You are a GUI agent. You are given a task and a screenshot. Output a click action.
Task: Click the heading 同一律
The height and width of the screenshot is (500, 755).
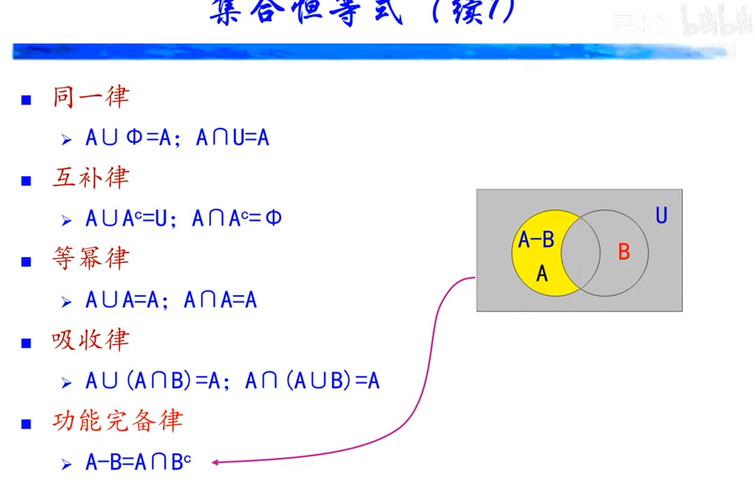coord(91,97)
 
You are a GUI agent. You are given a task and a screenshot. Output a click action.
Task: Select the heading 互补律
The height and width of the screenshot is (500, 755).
coord(91,179)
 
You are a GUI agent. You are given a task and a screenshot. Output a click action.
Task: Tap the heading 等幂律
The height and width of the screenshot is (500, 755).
coord(91,259)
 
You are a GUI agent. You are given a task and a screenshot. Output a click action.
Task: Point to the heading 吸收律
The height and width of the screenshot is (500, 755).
coord(91,340)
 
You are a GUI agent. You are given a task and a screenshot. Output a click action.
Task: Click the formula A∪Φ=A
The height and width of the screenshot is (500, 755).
coord(128,138)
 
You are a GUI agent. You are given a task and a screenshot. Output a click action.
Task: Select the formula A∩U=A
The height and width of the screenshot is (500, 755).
coord(232,138)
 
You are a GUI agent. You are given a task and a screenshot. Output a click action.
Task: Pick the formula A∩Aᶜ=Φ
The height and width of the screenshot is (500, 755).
coord(237,219)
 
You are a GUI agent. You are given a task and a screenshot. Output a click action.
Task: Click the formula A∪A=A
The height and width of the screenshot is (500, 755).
coord(128,300)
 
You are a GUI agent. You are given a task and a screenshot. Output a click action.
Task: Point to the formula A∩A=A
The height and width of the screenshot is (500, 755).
coord(220,300)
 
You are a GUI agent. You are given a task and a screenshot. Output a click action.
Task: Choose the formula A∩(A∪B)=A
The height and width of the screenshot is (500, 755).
coord(312,381)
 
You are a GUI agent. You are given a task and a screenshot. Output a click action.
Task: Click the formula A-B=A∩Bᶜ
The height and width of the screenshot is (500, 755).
coord(138,462)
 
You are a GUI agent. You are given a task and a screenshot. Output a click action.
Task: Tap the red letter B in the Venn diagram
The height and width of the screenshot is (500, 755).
coord(623,252)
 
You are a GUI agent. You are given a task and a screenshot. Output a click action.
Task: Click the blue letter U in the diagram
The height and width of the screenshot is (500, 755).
coord(661,216)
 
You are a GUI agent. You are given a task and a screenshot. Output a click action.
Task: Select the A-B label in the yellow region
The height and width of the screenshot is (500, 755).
coord(536,240)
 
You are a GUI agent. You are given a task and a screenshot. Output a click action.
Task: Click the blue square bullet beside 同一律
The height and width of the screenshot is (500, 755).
coord(26,100)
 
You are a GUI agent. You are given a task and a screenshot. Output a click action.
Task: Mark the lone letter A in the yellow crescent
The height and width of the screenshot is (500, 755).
coord(542,273)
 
